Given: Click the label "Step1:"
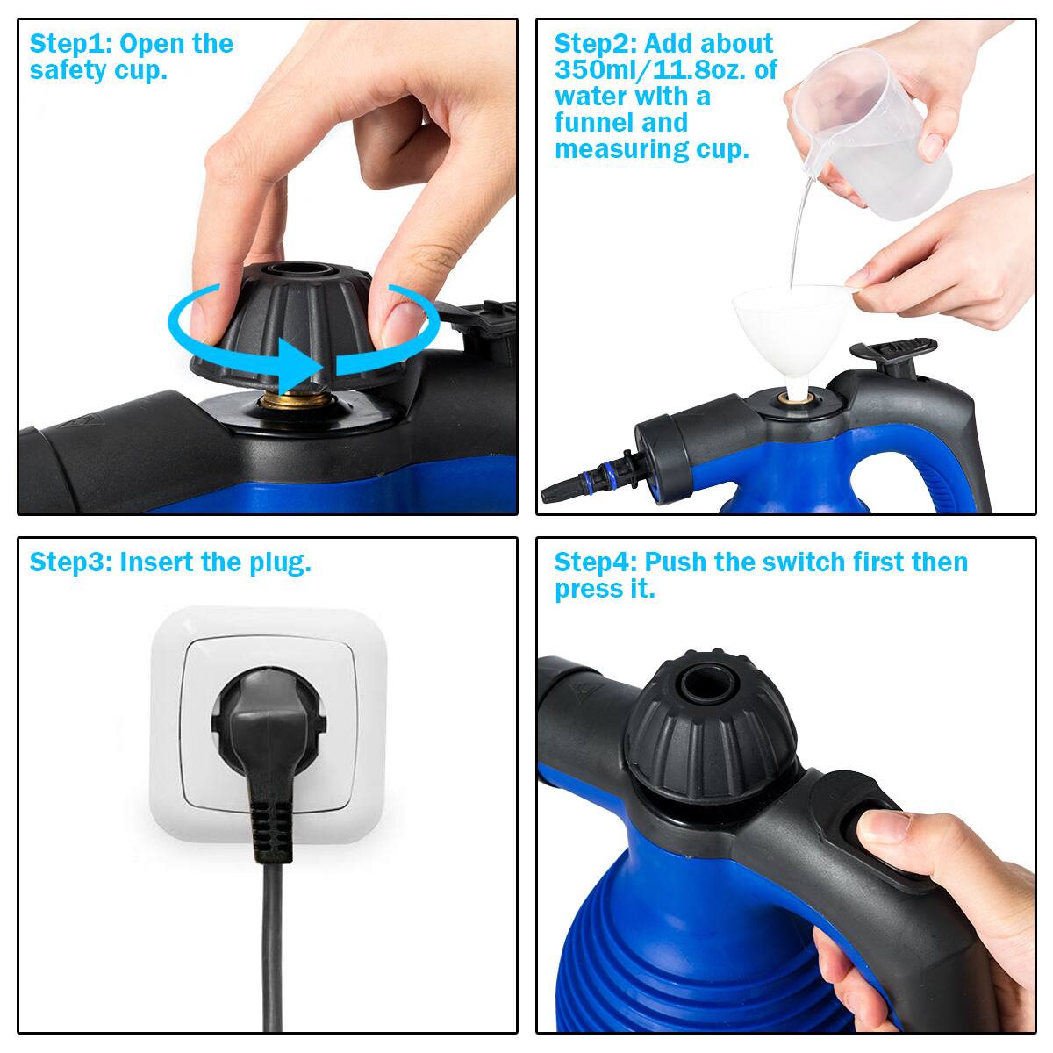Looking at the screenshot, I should click(x=70, y=44).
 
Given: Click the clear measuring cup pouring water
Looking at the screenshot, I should click(x=877, y=140).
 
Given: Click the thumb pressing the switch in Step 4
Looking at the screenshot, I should click(x=886, y=829).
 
